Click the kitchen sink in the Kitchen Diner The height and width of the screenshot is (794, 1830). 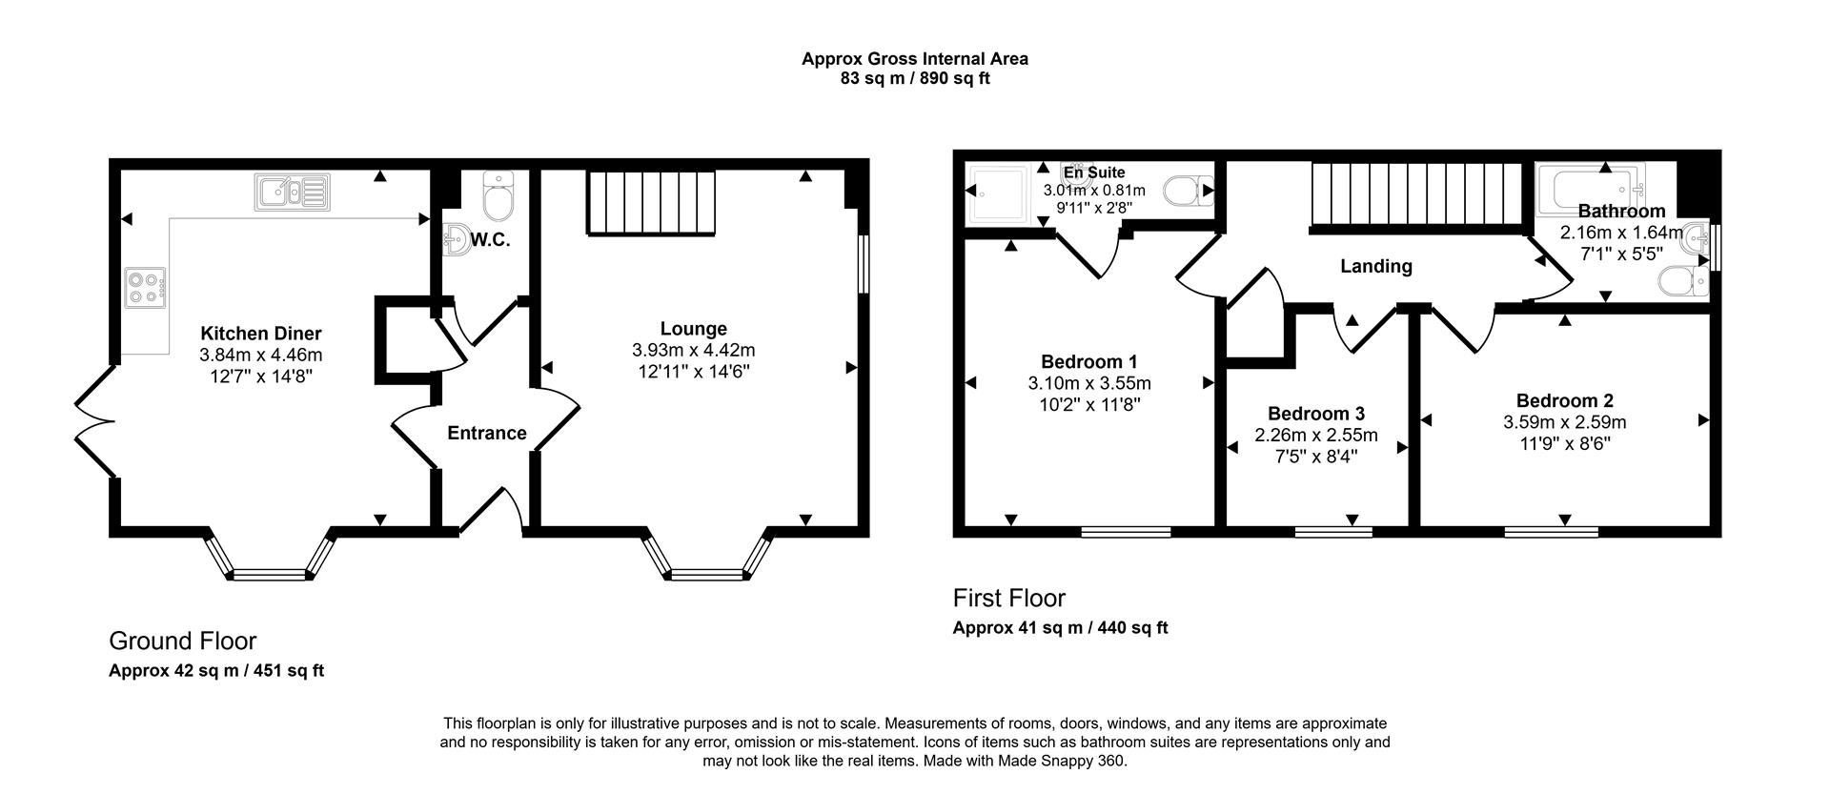pos(292,192)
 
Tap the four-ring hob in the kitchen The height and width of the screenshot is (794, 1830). pos(146,288)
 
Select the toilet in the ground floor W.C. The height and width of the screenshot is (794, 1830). pos(498,196)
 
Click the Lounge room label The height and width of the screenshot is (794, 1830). pos(693,329)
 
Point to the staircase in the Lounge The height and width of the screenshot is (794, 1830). pos(649,202)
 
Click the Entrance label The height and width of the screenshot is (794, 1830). pos(486,433)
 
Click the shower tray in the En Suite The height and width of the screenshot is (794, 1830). pos(997,194)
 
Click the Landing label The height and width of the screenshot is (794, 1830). pos(1375,266)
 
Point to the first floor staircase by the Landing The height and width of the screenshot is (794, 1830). pos(1417,195)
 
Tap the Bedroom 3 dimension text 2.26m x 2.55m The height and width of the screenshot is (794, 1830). pos(1315,436)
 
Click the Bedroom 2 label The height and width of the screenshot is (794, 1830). pos(1564,400)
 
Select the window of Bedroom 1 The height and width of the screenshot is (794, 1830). pos(1126,532)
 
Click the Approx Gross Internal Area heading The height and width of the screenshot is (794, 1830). pos(914,59)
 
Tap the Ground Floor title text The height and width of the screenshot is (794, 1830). pos(182,641)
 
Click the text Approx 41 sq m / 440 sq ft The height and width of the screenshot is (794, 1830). pos(1060,628)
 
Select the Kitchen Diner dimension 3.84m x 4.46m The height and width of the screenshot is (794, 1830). pos(260,355)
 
